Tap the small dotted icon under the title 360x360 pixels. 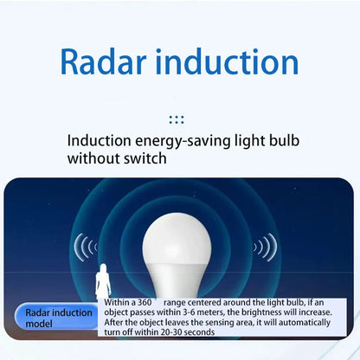[x=177, y=119]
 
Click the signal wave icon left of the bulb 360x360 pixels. [x=85, y=248]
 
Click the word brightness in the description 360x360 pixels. [x=268, y=312]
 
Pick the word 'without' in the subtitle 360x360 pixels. [x=94, y=159]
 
